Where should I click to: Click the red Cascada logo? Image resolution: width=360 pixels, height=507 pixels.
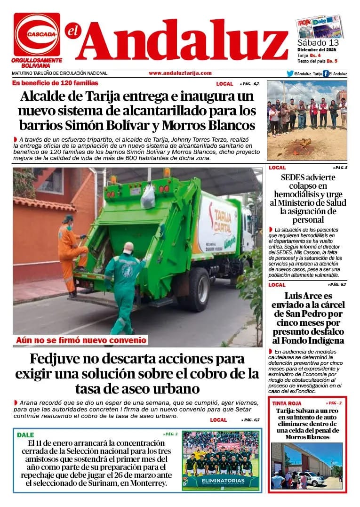(x=37, y=34)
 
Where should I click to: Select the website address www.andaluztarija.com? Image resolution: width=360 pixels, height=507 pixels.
(x=180, y=73)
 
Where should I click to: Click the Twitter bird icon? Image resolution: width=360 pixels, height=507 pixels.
(x=290, y=73)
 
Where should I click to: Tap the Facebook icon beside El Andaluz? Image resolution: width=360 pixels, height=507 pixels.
(x=326, y=73)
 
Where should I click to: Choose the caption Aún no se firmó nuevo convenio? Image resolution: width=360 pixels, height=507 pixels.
(x=81, y=340)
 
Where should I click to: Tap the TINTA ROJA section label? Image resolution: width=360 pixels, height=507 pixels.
(x=287, y=403)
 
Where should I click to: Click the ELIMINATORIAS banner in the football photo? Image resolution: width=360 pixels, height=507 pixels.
(x=221, y=481)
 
